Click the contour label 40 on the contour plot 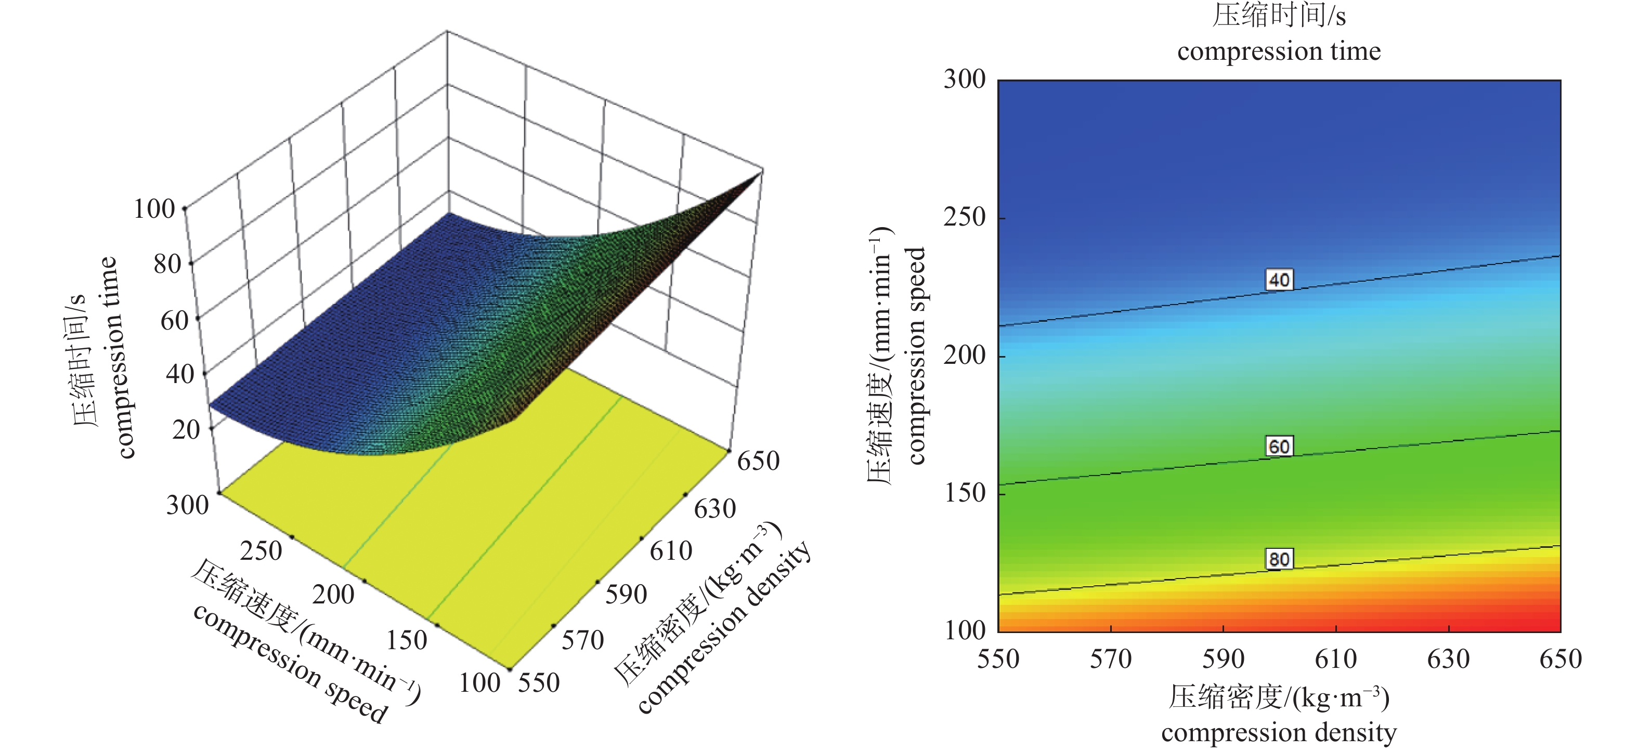click(1279, 280)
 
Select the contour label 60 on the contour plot click(1279, 446)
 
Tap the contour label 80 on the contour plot click(1279, 559)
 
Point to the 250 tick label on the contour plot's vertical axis click(964, 217)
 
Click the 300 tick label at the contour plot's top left click(964, 80)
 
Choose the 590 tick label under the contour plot click(1223, 659)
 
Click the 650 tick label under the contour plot click(1561, 659)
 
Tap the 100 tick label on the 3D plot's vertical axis click(154, 209)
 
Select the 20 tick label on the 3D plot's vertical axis click(186, 430)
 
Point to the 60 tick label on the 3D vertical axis click(174, 320)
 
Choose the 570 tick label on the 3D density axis click(582, 640)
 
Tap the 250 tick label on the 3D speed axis click(261, 550)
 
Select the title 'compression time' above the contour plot click(1279, 51)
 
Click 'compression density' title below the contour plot click(1279, 732)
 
